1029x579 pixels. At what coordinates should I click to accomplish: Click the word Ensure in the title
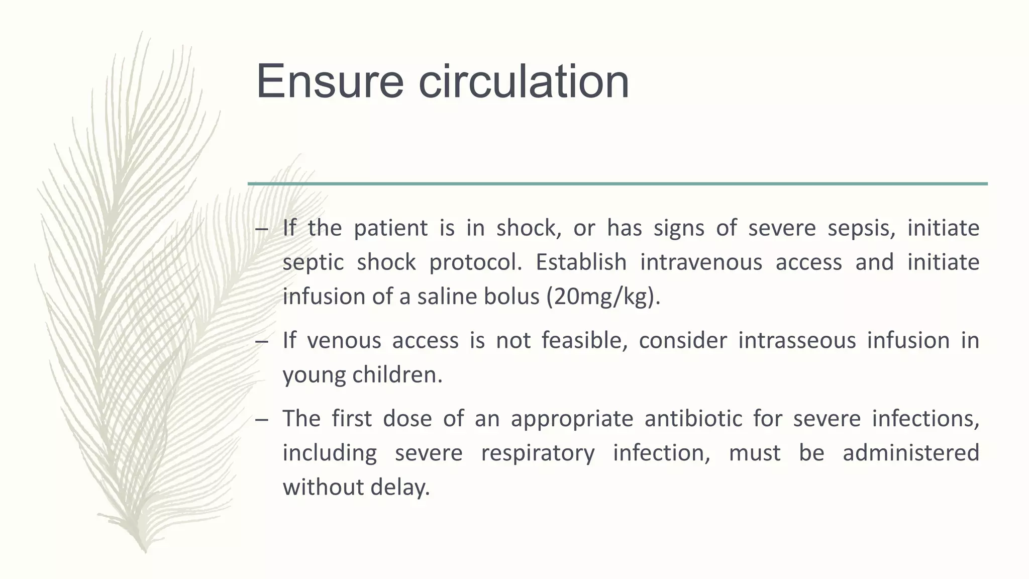[330, 81]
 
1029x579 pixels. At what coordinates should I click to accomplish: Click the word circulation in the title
[524, 81]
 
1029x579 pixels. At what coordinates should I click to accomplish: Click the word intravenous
[701, 262]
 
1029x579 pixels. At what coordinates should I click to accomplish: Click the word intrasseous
[796, 341]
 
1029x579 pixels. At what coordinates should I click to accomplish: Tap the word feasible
[584, 341]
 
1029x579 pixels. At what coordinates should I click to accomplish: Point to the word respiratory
[538, 453]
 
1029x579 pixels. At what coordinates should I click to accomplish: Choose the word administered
[910, 453]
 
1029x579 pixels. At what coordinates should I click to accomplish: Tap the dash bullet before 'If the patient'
[262, 229]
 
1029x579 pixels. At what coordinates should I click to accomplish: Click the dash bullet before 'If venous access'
[262, 342]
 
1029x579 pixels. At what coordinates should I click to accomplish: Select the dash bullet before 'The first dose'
[262, 420]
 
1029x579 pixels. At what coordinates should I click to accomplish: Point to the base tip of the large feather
[145, 549]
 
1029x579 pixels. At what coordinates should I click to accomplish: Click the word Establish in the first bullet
[580, 262]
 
